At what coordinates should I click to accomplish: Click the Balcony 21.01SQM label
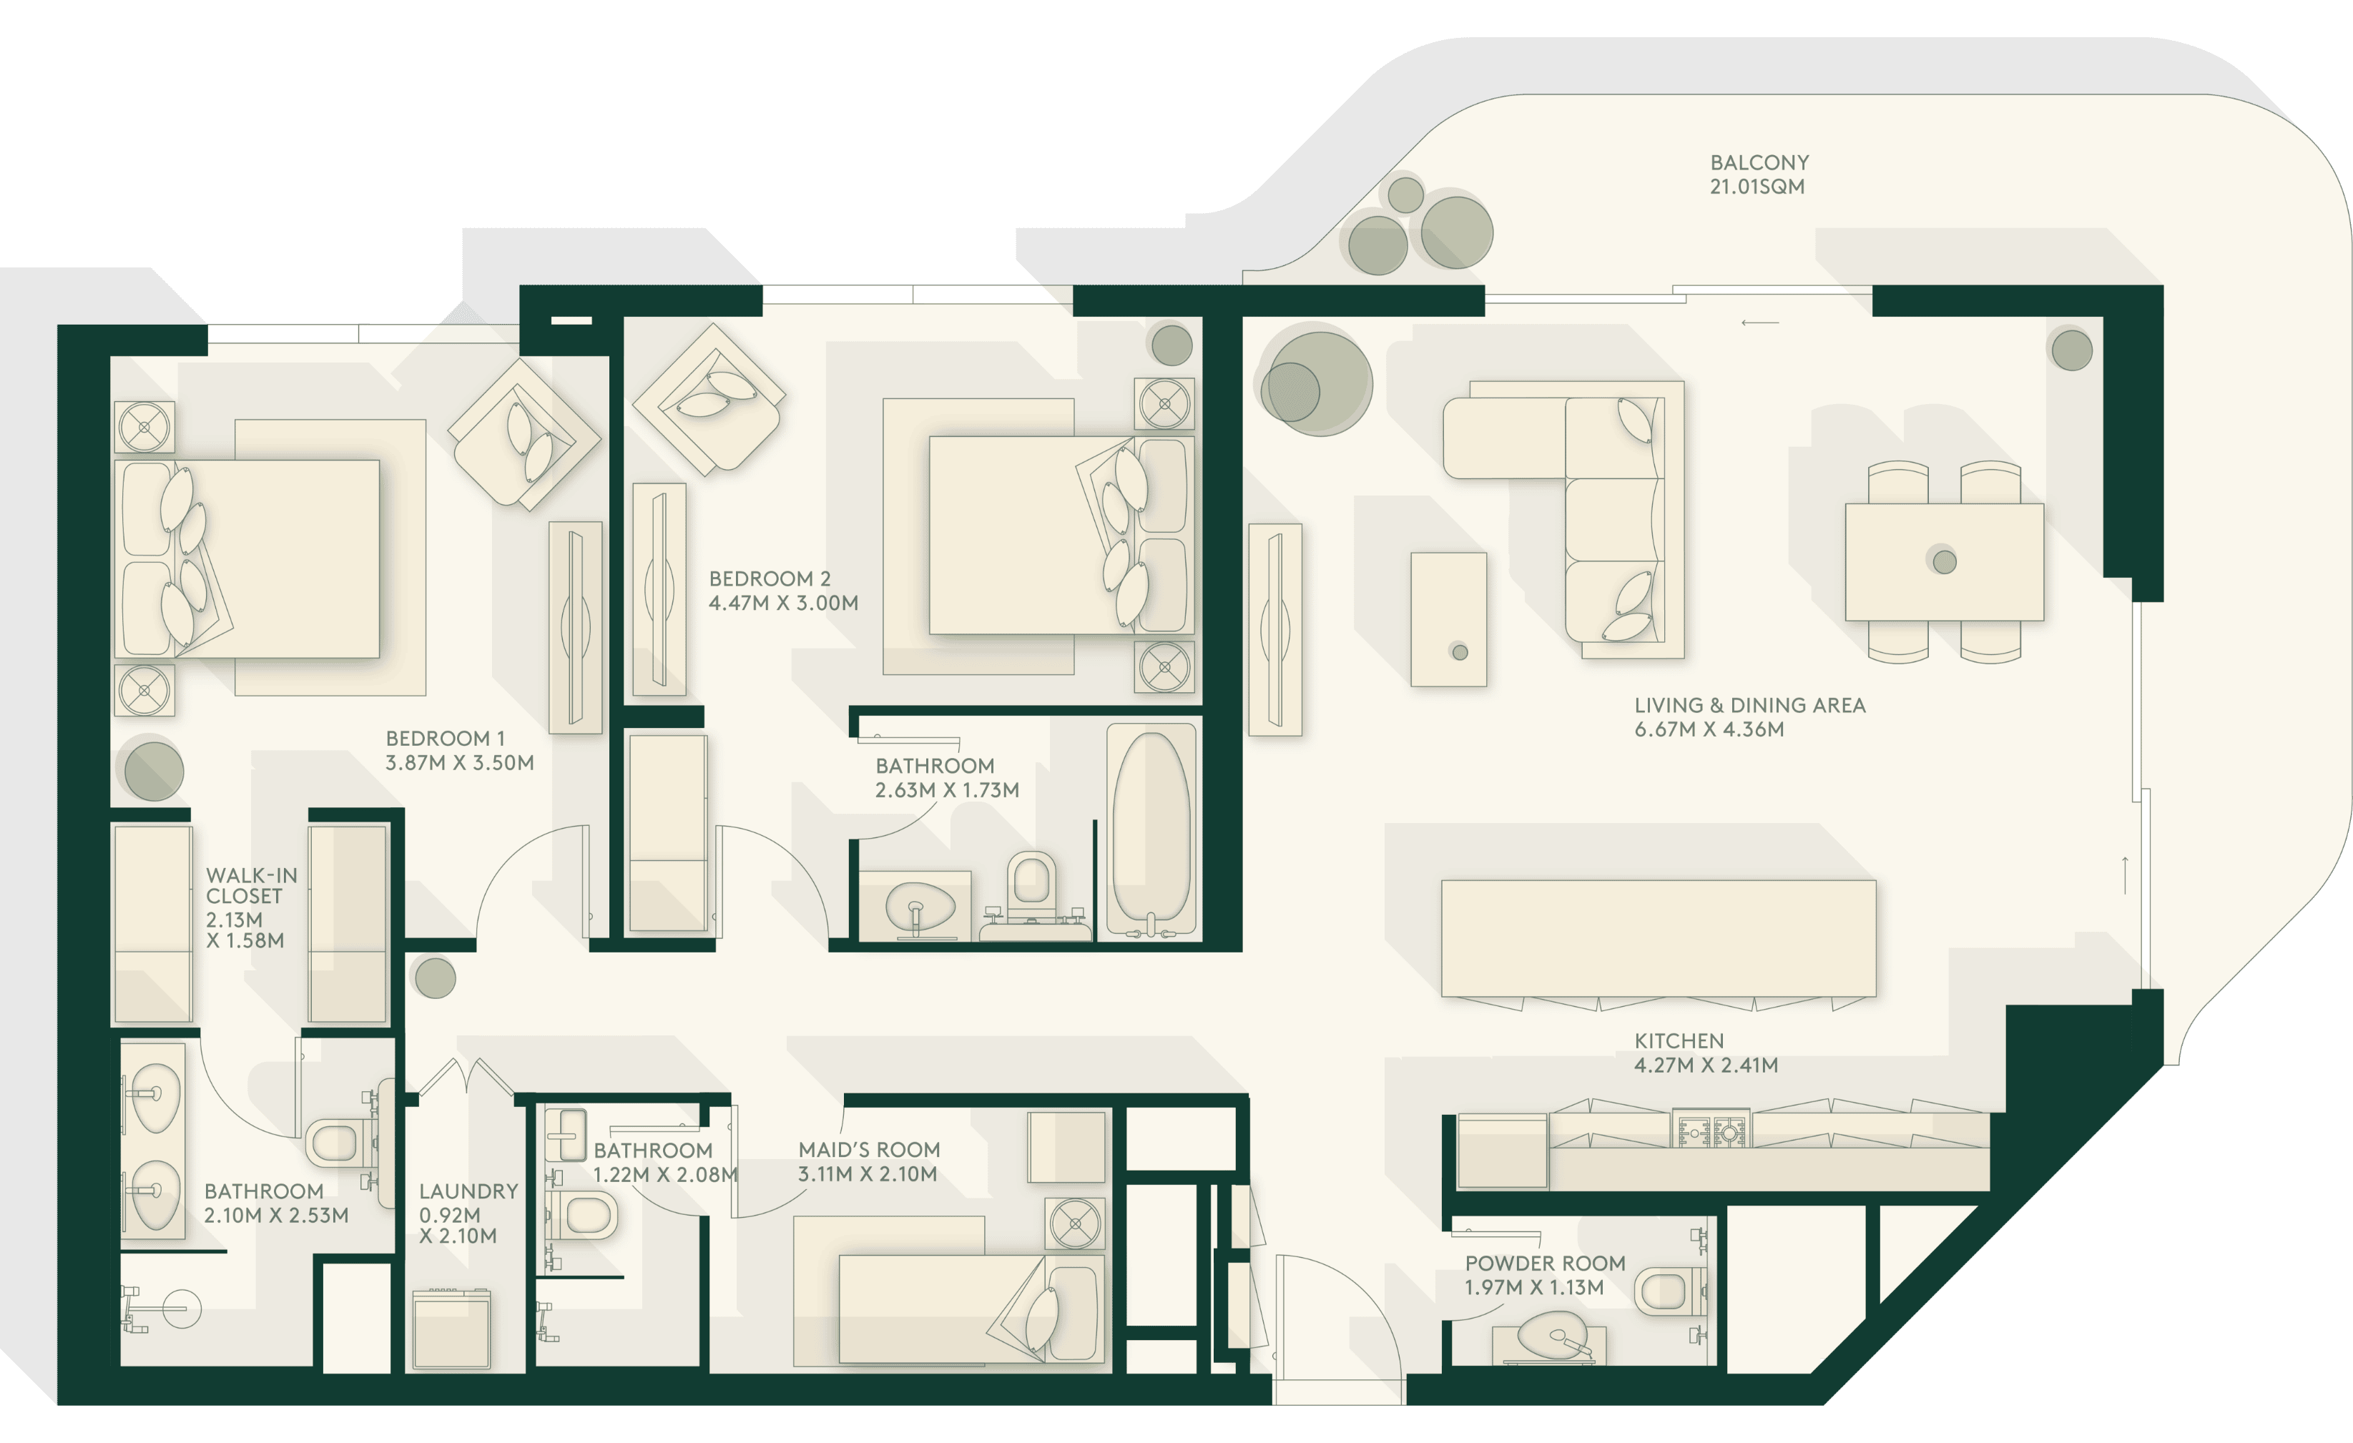coord(1759,174)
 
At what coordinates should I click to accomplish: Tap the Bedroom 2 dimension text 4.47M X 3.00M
coord(783,604)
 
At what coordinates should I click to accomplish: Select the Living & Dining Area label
coord(1749,706)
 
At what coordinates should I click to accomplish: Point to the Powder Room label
coord(1545,1264)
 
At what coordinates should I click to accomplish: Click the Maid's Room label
coord(869,1150)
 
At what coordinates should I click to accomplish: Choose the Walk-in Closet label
coord(252,885)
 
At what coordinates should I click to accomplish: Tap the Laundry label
coord(468,1192)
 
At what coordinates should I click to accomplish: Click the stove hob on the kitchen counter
coord(1710,1130)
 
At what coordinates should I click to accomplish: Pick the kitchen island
coord(1658,939)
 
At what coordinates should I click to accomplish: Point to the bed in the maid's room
coord(971,1309)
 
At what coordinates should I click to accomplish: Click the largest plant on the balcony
coord(1456,232)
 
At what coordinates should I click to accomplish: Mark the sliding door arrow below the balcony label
coord(1760,322)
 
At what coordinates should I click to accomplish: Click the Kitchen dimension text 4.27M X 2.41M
coord(1706,1065)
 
